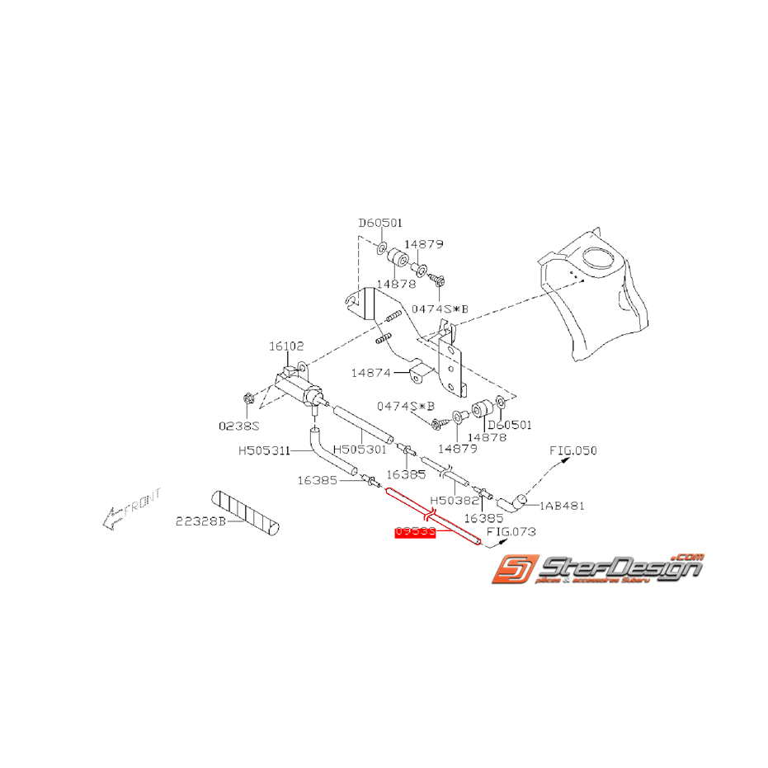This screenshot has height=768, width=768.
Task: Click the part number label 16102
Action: click(287, 347)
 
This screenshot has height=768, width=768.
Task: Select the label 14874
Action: click(370, 373)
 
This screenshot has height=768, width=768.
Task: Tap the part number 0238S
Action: click(238, 426)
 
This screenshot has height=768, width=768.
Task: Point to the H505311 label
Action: click(264, 451)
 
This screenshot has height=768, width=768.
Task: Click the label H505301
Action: click(360, 450)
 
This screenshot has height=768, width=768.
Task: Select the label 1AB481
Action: click(563, 506)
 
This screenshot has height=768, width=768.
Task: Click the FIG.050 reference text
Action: click(573, 450)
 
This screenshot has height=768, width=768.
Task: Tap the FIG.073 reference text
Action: click(511, 532)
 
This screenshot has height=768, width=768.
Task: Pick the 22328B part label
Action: click(199, 521)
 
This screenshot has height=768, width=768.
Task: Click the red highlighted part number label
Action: click(416, 533)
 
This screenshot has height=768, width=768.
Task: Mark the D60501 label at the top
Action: click(379, 223)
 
